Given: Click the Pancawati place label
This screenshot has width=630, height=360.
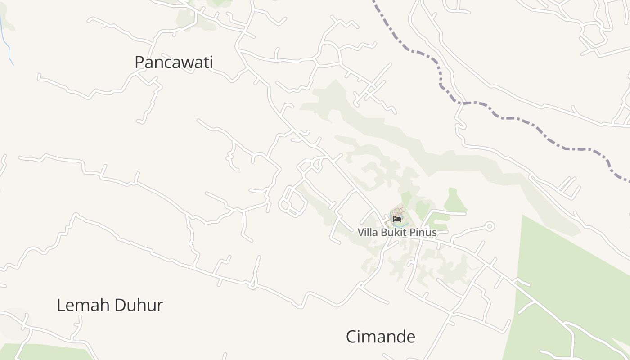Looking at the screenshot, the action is (174, 62).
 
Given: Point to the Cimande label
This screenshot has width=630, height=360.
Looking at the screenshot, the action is (380, 337).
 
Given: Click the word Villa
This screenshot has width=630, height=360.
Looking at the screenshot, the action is (368, 233).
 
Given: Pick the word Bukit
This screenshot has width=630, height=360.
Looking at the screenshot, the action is (396, 233).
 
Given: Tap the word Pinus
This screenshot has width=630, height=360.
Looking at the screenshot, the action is (424, 233).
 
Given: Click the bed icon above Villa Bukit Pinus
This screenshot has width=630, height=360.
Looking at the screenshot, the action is (396, 219).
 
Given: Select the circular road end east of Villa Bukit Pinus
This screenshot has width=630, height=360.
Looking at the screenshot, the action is (490, 226).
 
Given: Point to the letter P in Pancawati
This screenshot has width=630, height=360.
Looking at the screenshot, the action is (139, 62).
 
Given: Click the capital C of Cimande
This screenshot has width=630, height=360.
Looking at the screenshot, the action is (351, 337).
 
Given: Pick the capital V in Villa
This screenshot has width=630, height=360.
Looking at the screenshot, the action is (361, 233).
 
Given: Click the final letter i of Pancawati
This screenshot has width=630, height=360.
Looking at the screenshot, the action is (211, 62).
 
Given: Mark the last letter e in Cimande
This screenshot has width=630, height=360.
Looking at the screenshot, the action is (410, 337).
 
